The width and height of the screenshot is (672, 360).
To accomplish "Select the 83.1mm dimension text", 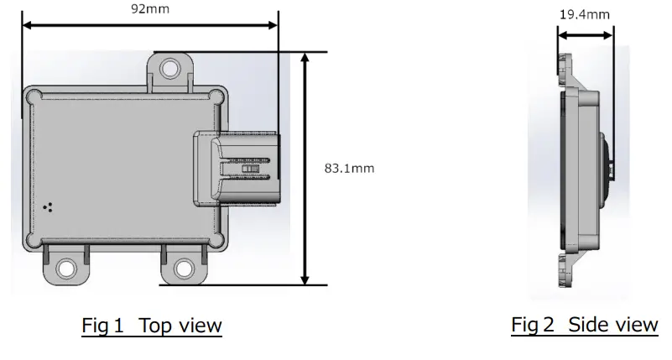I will pyautogui.click(x=349, y=168).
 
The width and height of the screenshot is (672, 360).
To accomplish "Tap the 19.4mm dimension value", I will pyautogui.click(x=586, y=14).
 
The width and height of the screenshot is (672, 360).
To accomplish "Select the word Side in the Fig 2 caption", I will pyautogui.click(x=588, y=325).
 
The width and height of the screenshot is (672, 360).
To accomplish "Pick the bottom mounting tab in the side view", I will pyautogui.click(x=566, y=273).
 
